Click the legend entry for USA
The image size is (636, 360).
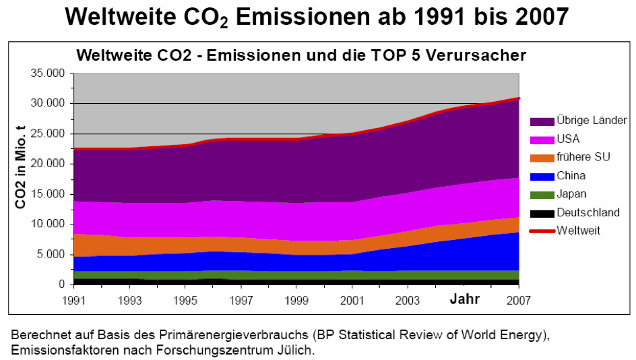[x=569, y=140]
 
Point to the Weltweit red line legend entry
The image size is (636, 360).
[x=578, y=231]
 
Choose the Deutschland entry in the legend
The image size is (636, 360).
[x=587, y=212]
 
